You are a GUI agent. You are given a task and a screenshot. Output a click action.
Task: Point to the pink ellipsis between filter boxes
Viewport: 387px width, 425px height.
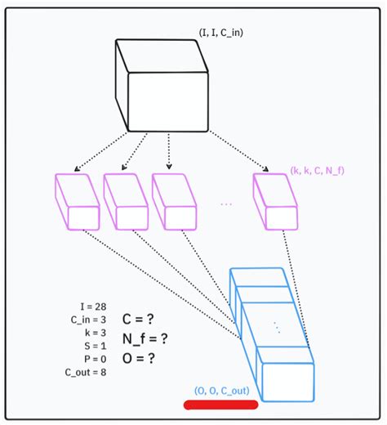227,204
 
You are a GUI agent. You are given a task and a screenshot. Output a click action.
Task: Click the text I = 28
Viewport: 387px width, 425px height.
90,306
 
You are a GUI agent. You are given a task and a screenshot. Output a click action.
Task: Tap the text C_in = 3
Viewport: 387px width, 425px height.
88,320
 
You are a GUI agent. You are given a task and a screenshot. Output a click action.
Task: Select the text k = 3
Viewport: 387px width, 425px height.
95,333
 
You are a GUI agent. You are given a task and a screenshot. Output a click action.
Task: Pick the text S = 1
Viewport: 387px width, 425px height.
95,346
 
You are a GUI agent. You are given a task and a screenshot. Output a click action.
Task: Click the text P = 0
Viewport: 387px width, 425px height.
95,359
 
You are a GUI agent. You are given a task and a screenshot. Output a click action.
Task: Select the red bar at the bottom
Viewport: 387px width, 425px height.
220,404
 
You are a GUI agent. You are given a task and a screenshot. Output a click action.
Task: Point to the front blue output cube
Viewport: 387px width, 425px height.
285,377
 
